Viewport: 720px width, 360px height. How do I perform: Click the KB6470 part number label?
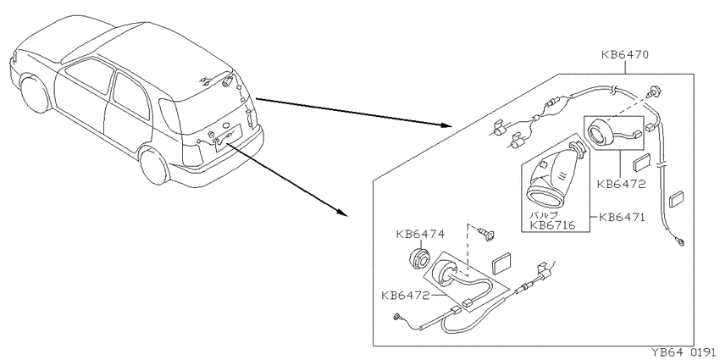(x=625, y=55)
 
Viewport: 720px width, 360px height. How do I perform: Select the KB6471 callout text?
(x=622, y=216)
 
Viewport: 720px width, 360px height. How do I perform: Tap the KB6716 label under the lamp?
(x=552, y=225)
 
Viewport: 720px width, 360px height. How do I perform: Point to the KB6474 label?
(x=420, y=234)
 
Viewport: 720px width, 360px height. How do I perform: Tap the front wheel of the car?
(x=36, y=94)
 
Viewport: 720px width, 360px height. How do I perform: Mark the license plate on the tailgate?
(x=229, y=135)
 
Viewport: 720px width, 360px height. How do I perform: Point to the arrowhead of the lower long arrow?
(x=341, y=213)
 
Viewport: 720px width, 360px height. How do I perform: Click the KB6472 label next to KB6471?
(x=621, y=185)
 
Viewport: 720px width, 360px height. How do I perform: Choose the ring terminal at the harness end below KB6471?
(x=680, y=241)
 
